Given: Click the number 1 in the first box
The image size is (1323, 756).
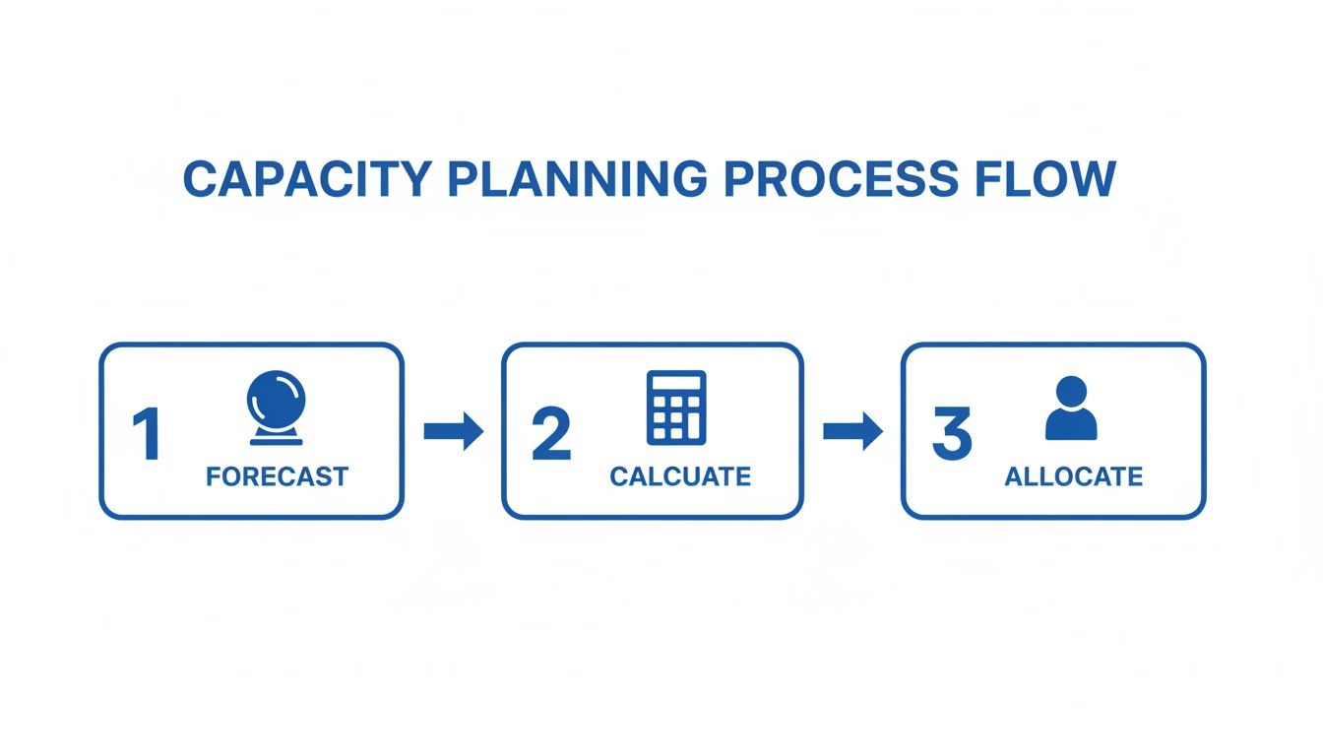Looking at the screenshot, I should pyautogui.click(x=148, y=435).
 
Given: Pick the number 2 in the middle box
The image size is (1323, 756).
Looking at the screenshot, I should pyautogui.click(x=550, y=435).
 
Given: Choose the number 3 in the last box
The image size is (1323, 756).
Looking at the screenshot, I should pyautogui.click(x=951, y=435).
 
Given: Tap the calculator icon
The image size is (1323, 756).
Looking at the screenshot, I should pyautogui.click(x=676, y=408).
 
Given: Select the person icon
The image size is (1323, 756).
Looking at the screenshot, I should pyautogui.click(x=1071, y=408).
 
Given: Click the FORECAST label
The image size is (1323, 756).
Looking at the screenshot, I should pyautogui.click(x=277, y=477).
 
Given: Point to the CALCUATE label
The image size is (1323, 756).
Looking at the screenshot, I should pyautogui.click(x=679, y=477).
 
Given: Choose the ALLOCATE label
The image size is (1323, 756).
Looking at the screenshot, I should pyautogui.click(x=1073, y=477).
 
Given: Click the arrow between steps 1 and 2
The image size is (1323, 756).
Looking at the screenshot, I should pyautogui.click(x=453, y=431).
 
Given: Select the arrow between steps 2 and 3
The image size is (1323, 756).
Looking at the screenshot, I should pyautogui.click(x=852, y=431).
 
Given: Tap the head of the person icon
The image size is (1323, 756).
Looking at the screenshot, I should pyautogui.click(x=1071, y=391).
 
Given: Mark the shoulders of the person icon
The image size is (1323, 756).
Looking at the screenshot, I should pyautogui.click(x=1071, y=426).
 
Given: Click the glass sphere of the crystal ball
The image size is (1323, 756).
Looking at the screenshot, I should pyautogui.click(x=276, y=400).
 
